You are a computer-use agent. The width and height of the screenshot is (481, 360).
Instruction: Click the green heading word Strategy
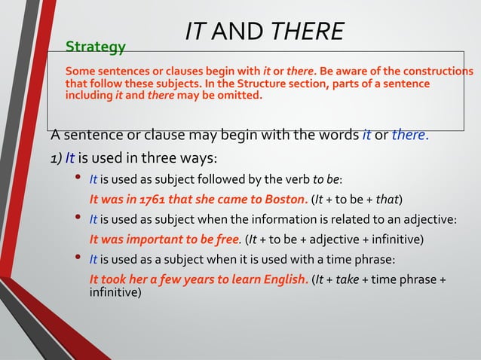point(96,47)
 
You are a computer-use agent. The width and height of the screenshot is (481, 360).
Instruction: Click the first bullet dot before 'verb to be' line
point(78,178)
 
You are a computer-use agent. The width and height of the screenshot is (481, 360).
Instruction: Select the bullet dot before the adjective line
point(78,219)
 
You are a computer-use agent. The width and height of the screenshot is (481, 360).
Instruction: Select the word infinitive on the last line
point(115,292)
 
